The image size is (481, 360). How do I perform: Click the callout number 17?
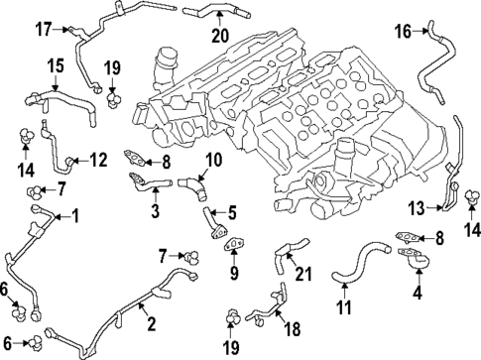click(x=42, y=29)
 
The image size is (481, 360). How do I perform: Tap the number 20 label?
click(x=219, y=37)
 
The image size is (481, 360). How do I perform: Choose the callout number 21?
click(x=304, y=274)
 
